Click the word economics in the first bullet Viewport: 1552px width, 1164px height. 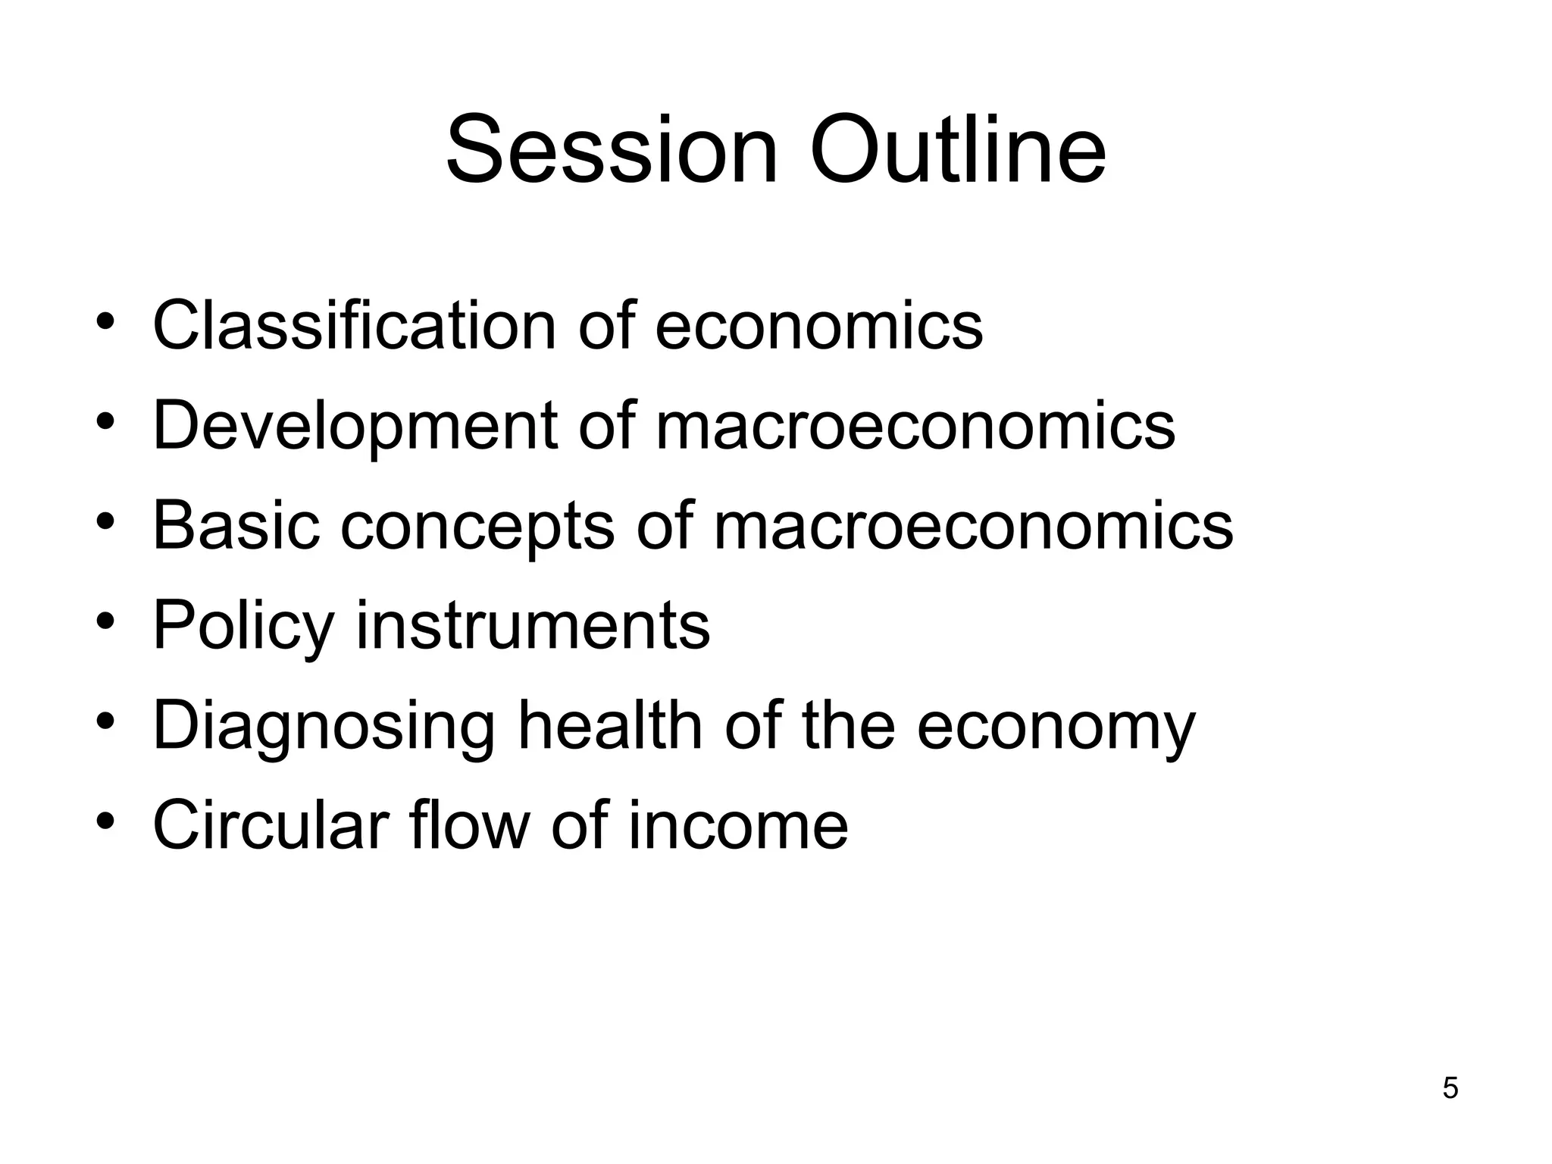click(x=818, y=325)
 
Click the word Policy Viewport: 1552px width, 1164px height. click(x=243, y=627)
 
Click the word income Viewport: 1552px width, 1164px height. click(x=738, y=824)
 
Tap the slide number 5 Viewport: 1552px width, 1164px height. click(x=1450, y=1088)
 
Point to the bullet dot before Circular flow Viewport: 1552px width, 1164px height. click(x=105, y=821)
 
